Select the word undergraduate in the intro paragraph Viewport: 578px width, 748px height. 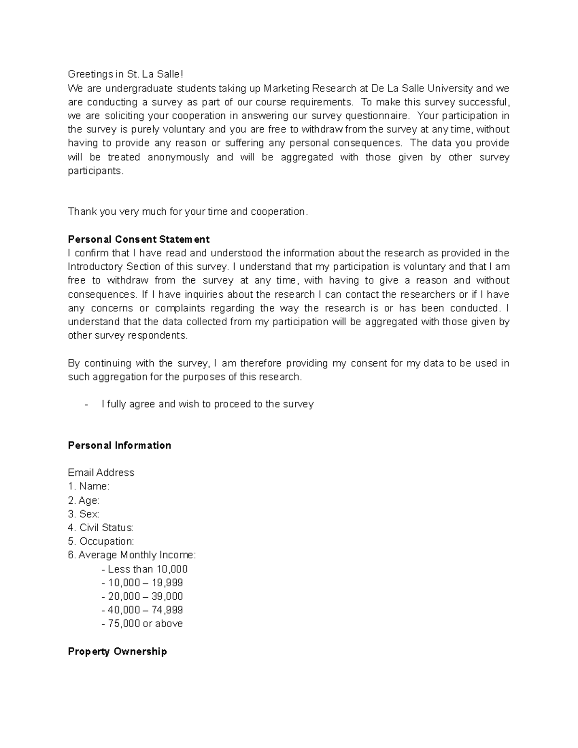pyautogui.click(x=138, y=88)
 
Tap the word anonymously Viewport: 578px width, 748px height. pyautogui.click(x=178, y=157)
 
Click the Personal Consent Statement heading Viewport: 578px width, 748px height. pyautogui.click(x=139, y=239)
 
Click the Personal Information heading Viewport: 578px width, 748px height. pyautogui.click(x=119, y=446)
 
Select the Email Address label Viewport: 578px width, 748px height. pyautogui.click(x=101, y=472)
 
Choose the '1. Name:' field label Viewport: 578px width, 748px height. pyautogui.click(x=89, y=486)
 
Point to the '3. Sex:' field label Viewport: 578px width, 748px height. pyautogui.click(x=84, y=514)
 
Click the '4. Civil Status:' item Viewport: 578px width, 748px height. pyautogui.click(x=101, y=528)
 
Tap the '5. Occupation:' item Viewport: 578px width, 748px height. pyautogui.click(x=101, y=541)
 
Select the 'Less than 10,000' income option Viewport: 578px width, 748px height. pyautogui.click(x=144, y=569)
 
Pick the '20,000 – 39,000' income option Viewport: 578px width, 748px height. pyautogui.click(x=143, y=596)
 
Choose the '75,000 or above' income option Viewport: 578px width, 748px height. pyautogui.click(x=143, y=624)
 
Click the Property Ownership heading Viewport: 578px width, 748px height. pyautogui.click(x=118, y=652)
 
